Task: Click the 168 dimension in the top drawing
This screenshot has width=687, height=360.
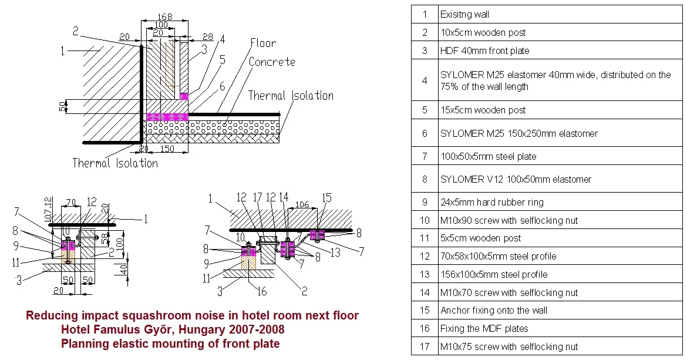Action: pos(165,16)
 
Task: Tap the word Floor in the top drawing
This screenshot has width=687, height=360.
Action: pos(263,43)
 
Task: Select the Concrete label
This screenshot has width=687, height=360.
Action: pos(272,62)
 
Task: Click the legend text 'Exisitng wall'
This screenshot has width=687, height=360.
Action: pos(465,15)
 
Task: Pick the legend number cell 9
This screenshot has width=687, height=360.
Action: pos(425,202)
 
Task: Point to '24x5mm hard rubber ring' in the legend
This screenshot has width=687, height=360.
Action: pos(492,203)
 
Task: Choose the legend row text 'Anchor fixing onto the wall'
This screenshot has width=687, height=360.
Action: pos(494,311)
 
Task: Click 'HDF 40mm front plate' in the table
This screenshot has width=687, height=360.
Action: pos(485,51)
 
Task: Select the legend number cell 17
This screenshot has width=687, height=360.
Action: pos(425,346)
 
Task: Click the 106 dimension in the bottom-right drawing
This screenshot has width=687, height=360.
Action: pos(302,204)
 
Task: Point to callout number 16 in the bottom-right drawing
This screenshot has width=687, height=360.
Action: pos(261,291)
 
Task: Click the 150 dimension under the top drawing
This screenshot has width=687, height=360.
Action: pos(167,149)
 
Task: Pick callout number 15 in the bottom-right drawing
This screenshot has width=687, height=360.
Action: pos(327,198)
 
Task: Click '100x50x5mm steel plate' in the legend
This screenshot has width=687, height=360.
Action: pos(489,156)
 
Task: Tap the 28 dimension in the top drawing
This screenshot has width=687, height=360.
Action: pos(208,37)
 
